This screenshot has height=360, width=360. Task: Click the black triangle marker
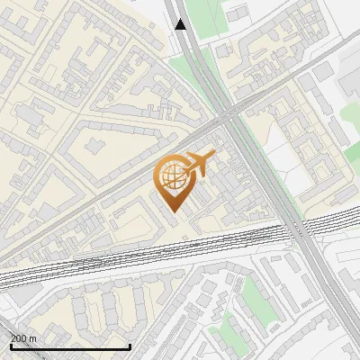[181, 23]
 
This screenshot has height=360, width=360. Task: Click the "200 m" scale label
[23, 337]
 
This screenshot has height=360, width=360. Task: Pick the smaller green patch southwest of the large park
[232, 335]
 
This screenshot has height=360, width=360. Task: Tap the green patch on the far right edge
[353, 152]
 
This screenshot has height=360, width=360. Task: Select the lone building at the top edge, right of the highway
[237, 14]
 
